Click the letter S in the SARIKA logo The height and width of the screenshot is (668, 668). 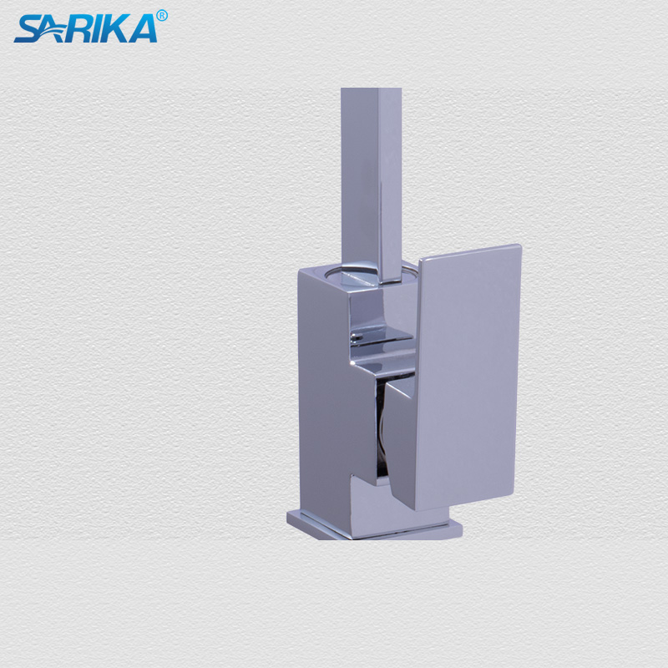[27, 28]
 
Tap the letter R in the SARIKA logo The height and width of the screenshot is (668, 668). [81, 28]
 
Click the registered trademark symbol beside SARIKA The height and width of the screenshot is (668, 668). [162, 15]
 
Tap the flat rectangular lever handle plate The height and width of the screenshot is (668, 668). [472, 376]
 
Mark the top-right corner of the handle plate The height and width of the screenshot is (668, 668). [519, 247]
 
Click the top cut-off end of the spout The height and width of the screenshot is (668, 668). [371, 90]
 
